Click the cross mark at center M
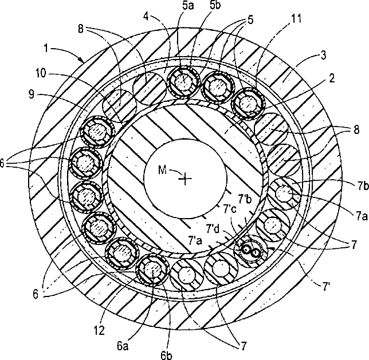(x=185, y=179)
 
